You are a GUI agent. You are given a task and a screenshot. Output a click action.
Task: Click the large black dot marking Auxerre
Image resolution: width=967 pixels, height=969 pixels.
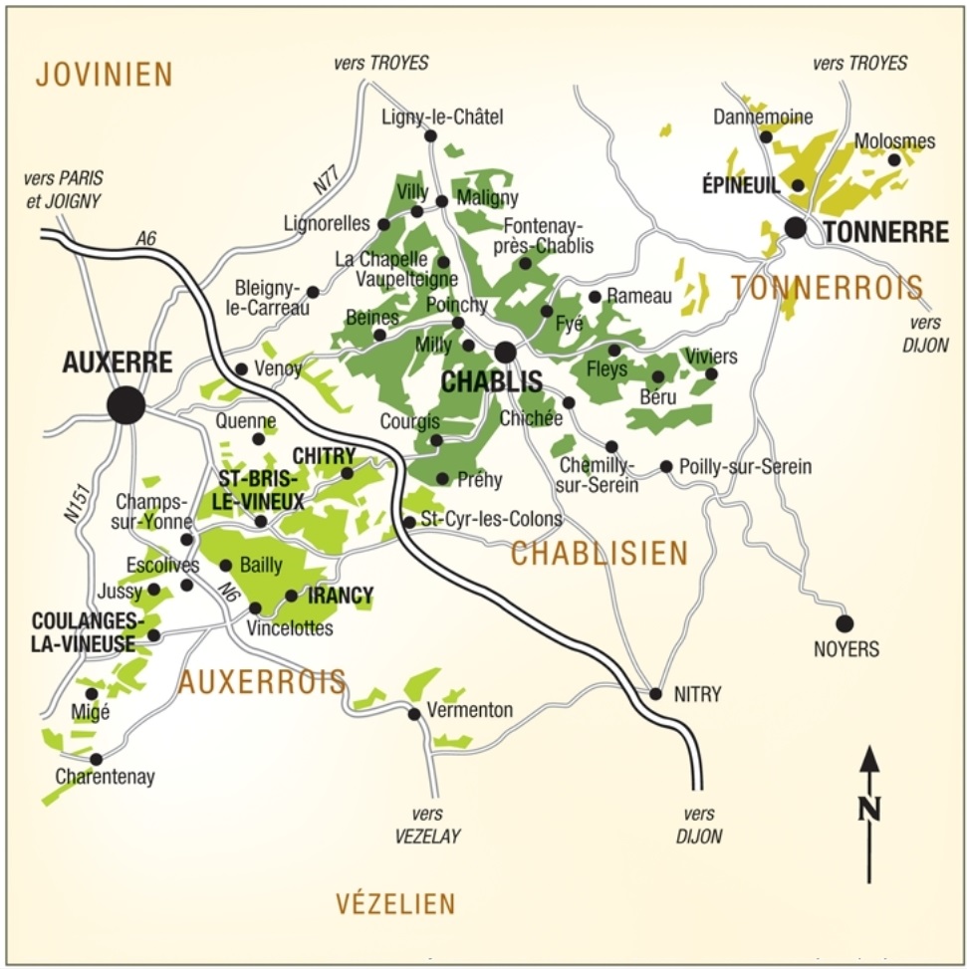pos(126,405)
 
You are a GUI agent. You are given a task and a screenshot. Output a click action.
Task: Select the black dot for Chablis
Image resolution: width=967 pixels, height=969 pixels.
pos(506,352)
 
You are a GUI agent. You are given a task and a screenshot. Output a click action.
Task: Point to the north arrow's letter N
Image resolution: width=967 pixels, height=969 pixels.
pos(870,808)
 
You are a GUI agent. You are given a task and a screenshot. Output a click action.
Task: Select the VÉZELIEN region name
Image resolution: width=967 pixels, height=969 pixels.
pos(395,904)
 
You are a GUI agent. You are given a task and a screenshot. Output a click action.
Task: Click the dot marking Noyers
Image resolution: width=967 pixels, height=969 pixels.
pos(845,623)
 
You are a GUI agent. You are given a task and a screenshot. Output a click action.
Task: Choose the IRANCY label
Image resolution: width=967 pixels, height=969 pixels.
pos(341,597)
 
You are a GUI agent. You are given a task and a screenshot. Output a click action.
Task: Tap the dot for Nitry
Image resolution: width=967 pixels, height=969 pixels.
pos(655,694)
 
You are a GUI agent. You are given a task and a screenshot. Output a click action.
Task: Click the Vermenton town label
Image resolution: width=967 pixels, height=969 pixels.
pos(469,710)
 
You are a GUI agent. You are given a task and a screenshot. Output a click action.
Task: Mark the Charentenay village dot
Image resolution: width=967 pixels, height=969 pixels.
pos(96,759)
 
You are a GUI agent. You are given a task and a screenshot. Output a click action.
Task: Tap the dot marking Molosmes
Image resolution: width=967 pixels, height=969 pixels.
pos(894,159)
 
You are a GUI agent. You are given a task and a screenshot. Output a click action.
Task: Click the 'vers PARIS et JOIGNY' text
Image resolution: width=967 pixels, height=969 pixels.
pos(64,189)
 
